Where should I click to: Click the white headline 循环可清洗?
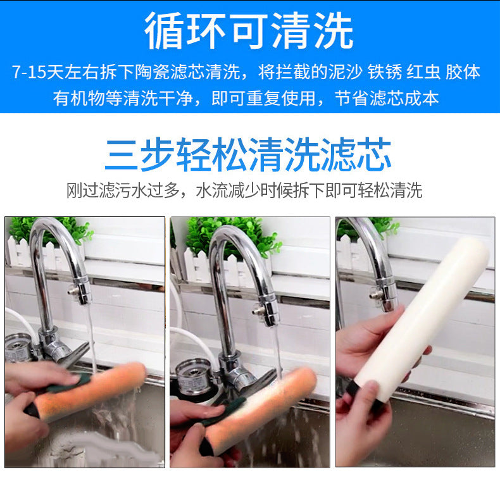point(249,31)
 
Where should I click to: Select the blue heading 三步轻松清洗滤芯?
point(248,155)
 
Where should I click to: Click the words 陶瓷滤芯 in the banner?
point(170,72)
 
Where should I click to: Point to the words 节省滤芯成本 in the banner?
point(387,98)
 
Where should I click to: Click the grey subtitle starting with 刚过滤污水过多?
point(244,190)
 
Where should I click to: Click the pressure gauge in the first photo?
point(18,348)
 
